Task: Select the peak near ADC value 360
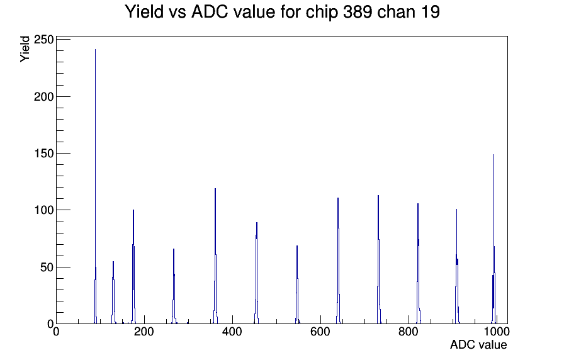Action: point(215,256)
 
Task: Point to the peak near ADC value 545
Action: point(297,284)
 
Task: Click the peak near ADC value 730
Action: point(378,259)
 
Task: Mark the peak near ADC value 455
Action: point(256,273)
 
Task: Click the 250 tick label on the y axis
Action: point(43,40)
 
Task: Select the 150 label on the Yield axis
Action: point(43,153)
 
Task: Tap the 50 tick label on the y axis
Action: point(47,267)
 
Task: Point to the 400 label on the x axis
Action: point(232,331)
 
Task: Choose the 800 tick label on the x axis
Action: point(409,331)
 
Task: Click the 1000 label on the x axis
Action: point(496,331)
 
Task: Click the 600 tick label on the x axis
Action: point(320,331)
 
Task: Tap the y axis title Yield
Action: point(25,49)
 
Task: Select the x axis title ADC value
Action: point(478,344)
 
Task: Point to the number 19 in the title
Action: point(430,12)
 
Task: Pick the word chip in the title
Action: point(322,13)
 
